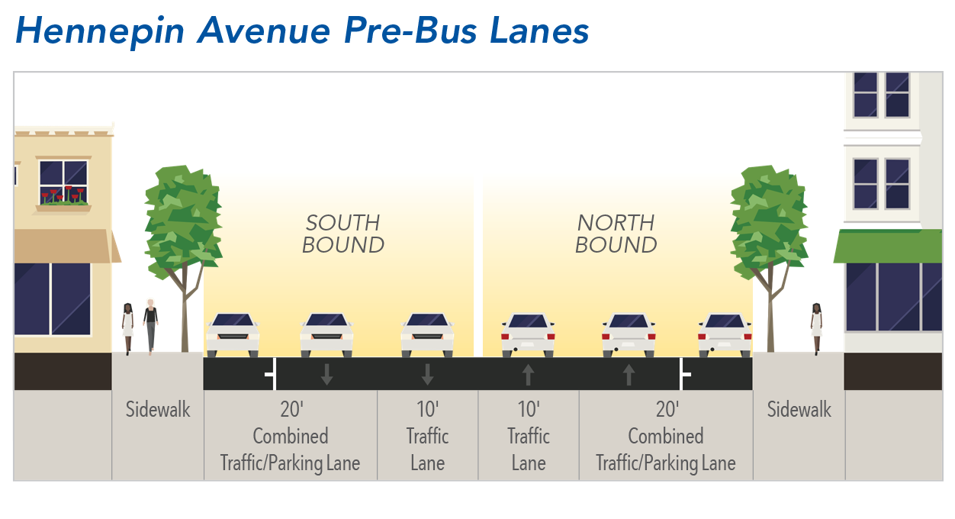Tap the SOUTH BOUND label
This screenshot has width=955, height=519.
click(343, 234)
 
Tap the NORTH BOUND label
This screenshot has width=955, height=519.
click(616, 234)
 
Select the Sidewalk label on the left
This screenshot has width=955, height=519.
click(158, 410)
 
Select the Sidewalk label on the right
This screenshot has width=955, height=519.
click(799, 410)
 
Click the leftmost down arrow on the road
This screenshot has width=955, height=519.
click(326, 374)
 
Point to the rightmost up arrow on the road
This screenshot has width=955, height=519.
click(629, 374)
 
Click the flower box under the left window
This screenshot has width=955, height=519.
click(63, 202)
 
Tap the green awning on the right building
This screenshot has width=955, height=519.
click(887, 246)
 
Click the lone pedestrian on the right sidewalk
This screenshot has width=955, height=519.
click(816, 327)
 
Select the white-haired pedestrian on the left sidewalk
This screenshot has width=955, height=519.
click(151, 325)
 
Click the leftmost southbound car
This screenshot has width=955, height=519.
click(233, 334)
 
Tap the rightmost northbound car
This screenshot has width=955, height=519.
click(725, 334)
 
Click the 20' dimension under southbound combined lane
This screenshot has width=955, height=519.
click(291, 409)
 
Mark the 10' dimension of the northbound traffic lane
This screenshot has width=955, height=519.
click(529, 409)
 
